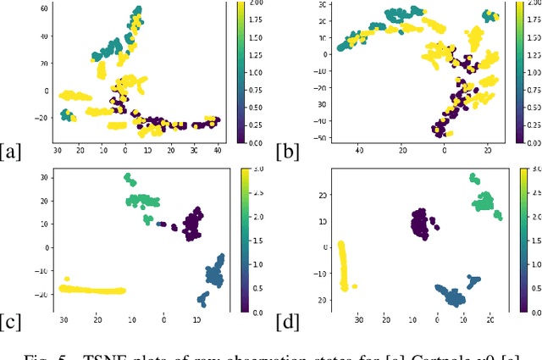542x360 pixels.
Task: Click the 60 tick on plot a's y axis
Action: [38, 8]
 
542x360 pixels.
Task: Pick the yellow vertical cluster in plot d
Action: [342, 264]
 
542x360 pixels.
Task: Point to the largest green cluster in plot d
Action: [484, 202]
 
